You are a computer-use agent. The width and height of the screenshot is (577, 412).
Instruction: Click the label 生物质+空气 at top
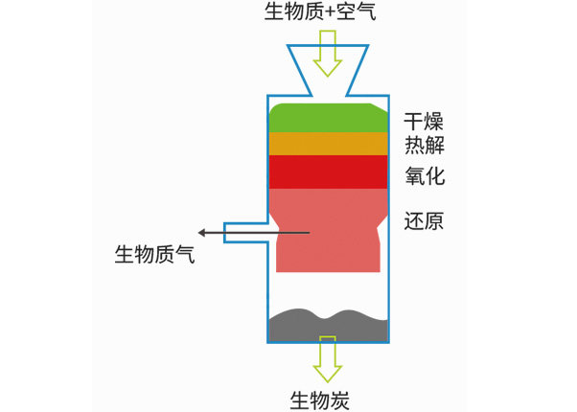pyautogui.click(x=320, y=12)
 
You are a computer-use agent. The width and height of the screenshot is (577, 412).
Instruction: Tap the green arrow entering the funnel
pyautogui.click(x=328, y=53)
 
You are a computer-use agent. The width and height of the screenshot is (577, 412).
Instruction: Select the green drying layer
pyautogui.click(x=328, y=117)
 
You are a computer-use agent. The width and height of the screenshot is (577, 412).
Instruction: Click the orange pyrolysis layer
pyautogui.click(x=328, y=144)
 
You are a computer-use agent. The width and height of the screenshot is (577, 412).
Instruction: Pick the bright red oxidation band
pyautogui.click(x=328, y=172)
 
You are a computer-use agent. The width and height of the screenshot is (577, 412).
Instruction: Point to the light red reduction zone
pyautogui.click(x=328, y=230)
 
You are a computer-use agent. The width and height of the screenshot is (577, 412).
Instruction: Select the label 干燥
pyautogui.click(x=424, y=123)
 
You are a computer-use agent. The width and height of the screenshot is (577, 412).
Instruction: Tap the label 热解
pyautogui.click(x=424, y=147)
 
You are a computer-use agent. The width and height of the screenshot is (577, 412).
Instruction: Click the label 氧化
pyautogui.click(x=424, y=177)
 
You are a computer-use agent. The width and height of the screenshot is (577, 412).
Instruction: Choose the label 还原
pyautogui.click(x=424, y=221)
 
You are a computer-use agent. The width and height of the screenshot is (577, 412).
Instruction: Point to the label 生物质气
pyautogui.click(x=154, y=256)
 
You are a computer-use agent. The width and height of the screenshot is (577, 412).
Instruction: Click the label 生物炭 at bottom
pyautogui.click(x=319, y=400)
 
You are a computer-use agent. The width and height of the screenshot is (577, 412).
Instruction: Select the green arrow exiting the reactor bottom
pyautogui.click(x=328, y=360)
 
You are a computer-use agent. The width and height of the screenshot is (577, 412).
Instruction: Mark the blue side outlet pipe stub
pyautogui.click(x=244, y=233)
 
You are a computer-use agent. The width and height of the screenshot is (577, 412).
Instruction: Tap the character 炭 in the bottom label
pyautogui.click(x=339, y=400)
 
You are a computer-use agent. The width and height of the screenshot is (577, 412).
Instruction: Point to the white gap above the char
pyautogui.click(x=328, y=290)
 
